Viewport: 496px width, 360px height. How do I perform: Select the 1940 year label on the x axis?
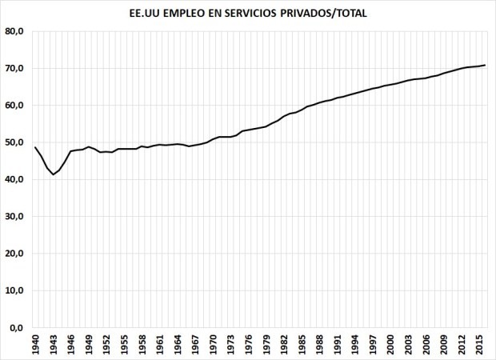36,345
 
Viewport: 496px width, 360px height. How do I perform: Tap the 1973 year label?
230,345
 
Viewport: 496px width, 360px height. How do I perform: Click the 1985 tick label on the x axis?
302,345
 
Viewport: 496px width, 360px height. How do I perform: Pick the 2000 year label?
390,345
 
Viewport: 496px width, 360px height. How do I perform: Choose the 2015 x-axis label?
479,345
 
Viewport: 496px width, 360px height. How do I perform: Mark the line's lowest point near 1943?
54,174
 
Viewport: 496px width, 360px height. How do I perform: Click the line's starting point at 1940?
36,147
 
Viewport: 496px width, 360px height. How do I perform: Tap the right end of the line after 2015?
485,65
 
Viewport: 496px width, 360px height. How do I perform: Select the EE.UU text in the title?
145,14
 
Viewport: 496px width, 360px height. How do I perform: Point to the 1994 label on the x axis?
355,345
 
